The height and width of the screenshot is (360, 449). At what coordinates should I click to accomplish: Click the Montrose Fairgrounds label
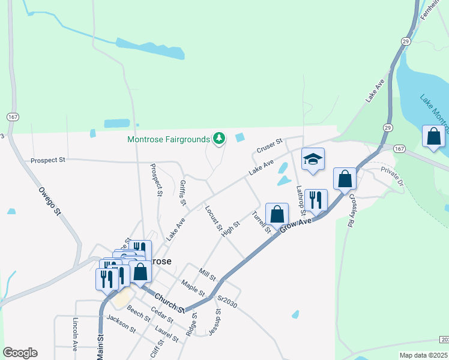[x=170, y=139]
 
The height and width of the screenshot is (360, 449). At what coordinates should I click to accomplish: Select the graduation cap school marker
[x=313, y=160]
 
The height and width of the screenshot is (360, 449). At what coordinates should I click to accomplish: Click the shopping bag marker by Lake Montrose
[x=433, y=137]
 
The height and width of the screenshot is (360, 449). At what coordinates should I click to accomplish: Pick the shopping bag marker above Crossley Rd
[x=345, y=178]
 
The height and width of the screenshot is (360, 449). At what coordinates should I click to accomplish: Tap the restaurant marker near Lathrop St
[x=316, y=200]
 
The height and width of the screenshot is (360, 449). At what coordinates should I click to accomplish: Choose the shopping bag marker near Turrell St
[x=277, y=214]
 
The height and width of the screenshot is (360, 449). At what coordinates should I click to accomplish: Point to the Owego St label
[x=50, y=202]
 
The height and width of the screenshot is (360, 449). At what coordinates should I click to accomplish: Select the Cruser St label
[x=269, y=145]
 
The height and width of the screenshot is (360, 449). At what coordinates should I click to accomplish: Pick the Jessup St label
[x=214, y=322]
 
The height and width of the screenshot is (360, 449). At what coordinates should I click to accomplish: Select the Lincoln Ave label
[x=76, y=334]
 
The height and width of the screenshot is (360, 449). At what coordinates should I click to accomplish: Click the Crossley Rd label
[x=354, y=212]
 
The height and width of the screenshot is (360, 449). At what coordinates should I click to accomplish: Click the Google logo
[x=20, y=353]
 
